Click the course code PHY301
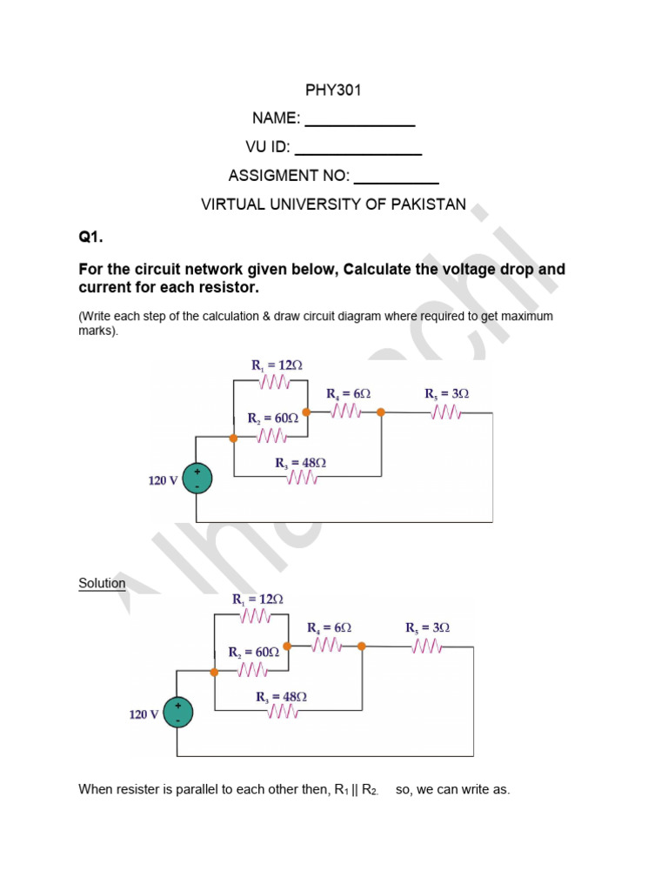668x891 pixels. (333, 90)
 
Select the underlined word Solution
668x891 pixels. (102, 583)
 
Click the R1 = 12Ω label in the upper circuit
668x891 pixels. (277, 365)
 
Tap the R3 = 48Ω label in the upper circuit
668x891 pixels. (301, 463)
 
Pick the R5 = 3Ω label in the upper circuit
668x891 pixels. (447, 393)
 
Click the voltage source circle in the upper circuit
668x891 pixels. (197, 479)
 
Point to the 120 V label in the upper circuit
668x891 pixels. (163, 480)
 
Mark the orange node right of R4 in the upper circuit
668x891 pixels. (380, 412)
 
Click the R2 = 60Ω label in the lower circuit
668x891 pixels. (254, 652)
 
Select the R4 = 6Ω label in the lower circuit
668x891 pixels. (329, 627)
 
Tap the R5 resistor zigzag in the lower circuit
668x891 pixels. (428, 646)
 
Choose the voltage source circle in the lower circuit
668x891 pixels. (178, 713)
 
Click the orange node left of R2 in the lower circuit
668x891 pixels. (214, 672)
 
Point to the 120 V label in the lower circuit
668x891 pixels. (144, 714)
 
